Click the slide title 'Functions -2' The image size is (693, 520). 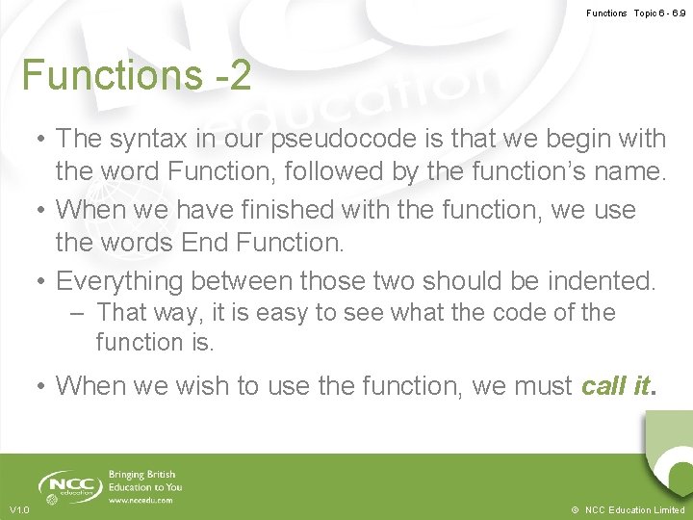[137, 75]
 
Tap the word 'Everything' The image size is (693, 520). [120, 281]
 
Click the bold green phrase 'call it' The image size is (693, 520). [616, 386]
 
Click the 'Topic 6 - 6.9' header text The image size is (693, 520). [660, 13]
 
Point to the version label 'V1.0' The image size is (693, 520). [19, 509]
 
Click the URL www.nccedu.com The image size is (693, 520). [141, 501]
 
